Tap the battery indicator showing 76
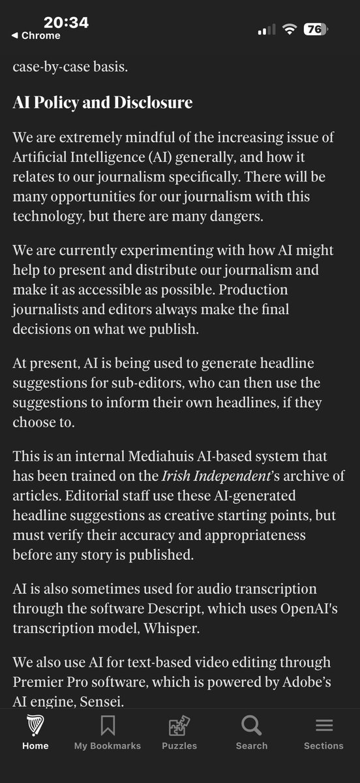tap(316, 29)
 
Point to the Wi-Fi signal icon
tap(290, 30)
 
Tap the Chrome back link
tap(37, 36)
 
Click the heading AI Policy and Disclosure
tap(102, 102)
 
